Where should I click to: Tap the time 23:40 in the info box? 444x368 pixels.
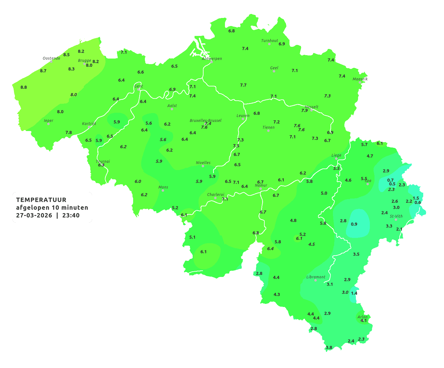[x=71, y=215]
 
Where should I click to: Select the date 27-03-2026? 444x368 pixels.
[x=34, y=215]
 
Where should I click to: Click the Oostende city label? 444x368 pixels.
[x=51, y=58]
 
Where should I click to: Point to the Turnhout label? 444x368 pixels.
[x=269, y=41]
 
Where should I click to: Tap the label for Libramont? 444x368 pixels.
[x=316, y=277]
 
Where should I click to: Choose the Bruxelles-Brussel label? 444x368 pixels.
[x=205, y=120]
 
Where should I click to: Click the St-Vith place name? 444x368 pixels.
[x=396, y=216]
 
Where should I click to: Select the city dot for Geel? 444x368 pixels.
[x=274, y=71]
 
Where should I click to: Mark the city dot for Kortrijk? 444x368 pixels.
[x=89, y=127]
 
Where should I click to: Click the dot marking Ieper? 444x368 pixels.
[x=48, y=124]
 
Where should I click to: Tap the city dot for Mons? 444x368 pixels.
[x=163, y=191]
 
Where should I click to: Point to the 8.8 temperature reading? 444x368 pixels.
[x=24, y=87]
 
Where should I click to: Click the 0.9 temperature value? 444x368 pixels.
[x=354, y=224]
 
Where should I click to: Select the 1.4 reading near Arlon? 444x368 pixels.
[x=354, y=293]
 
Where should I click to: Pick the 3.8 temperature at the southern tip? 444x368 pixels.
[x=329, y=348]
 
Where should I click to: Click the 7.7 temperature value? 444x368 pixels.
[x=243, y=85]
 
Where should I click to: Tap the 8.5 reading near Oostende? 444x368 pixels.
[x=66, y=55]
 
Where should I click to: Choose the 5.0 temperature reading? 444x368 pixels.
[x=324, y=193]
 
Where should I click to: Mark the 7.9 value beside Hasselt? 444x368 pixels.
[x=304, y=111]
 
